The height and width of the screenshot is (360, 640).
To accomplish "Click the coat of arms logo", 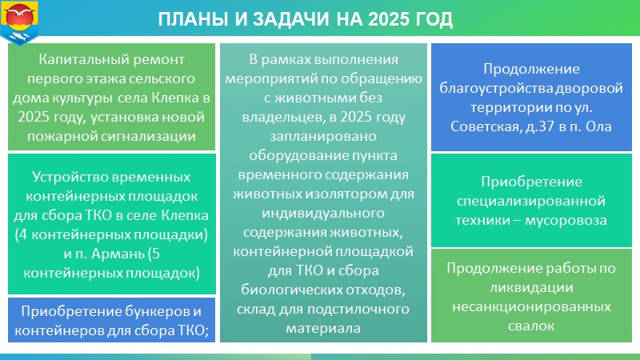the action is click(19, 22).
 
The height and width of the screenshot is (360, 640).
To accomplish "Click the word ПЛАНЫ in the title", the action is click(194, 19).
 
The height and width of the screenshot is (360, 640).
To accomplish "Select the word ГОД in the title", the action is click(433, 19).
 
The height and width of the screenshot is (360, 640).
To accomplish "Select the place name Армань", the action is click(118, 254).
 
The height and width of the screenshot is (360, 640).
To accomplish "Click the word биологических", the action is click(292, 290).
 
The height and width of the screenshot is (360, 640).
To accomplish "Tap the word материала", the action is click(323, 329).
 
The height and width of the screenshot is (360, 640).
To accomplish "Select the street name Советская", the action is click(485, 126).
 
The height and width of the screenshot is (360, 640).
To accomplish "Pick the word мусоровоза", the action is click(566, 221).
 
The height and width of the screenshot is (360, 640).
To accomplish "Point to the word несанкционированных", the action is click(531, 307).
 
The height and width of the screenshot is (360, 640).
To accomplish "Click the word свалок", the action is click(531, 326).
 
